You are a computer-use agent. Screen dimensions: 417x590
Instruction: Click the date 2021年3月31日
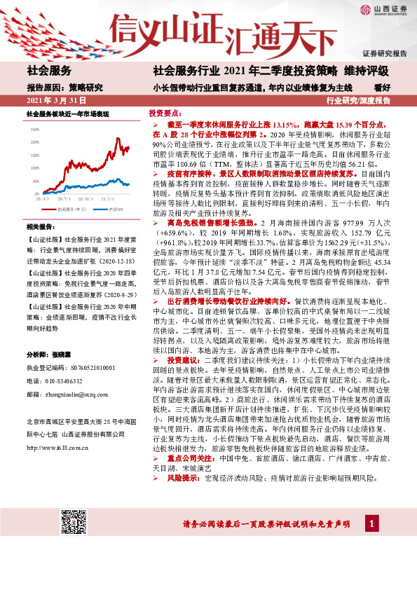click(55, 100)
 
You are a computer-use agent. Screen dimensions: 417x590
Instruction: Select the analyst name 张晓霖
click(72, 355)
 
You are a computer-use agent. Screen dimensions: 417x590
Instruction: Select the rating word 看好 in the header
click(382, 88)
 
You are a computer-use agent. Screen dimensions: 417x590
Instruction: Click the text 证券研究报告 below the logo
click(385, 53)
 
